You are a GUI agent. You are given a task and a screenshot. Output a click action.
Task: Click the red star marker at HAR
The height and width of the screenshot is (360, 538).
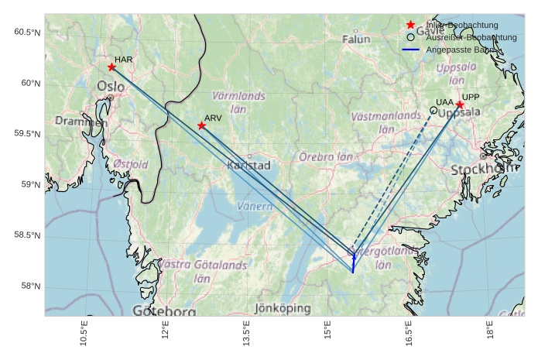click(x=111, y=67)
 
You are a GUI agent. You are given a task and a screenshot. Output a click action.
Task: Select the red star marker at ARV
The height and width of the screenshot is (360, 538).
click(x=201, y=125)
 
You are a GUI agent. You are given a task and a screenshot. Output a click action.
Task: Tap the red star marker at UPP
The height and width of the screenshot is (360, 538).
click(x=460, y=105)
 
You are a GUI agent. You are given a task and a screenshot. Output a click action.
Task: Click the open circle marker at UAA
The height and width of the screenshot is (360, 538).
click(x=433, y=111)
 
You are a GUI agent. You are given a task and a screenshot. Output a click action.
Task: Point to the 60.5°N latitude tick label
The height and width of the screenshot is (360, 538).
click(x=27, y=32)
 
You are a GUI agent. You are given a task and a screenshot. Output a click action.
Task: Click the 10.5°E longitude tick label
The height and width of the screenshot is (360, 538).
click(x=84, y=333)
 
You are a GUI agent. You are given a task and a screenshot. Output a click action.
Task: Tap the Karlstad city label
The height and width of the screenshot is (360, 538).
click(x=248, y=166)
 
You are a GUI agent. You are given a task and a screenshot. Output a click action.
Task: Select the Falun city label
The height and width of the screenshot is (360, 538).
click(x=356, y=39)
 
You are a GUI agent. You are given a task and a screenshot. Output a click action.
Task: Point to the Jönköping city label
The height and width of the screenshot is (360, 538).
click(x=283, y=308)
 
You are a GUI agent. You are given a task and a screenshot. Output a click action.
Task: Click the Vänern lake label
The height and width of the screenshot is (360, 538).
click(x=254, y=207)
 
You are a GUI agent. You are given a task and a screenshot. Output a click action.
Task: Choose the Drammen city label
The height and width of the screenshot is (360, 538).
click(x=81, y=122)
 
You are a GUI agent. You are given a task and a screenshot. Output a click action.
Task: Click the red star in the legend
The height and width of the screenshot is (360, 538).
click(x=410, y=26)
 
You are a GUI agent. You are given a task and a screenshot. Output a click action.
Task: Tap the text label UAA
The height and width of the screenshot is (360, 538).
click(x=444, y=102)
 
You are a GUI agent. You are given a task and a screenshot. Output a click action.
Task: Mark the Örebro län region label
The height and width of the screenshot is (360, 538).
click(x=325, y=156)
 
